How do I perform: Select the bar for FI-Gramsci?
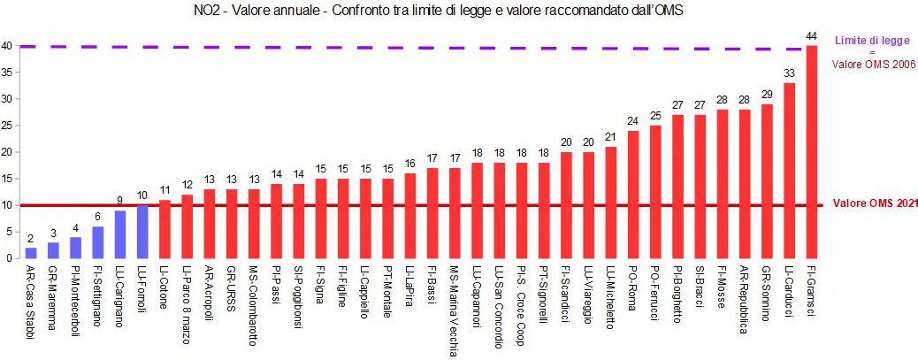click(x=812, y=150)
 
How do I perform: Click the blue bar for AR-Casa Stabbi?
click(x=31, y=252)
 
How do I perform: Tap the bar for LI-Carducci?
click(x=789, y=171)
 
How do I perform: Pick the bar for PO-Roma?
click(x=633, y=195)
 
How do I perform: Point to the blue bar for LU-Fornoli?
click(x=142, y=232)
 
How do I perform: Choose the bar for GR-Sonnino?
click(x=767, y=181)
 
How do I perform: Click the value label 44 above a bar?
click(x=812, y=35)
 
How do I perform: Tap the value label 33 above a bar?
click(x=789, y=73)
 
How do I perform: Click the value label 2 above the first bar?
click(x=31, y=239)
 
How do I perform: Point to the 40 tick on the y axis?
click(x=6, y=46)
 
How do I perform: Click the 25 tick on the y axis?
click(x=6, y=126)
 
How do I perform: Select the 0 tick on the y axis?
click(x=6, y=258)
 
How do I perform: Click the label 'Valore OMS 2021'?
click(x=875, y=204)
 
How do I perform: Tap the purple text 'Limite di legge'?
click(x=873, y=40)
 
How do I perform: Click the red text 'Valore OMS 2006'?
click(x=873, y=64)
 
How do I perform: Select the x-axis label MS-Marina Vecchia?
click(x=454, y=311)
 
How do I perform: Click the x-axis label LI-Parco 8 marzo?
click(x=187, y=304)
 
